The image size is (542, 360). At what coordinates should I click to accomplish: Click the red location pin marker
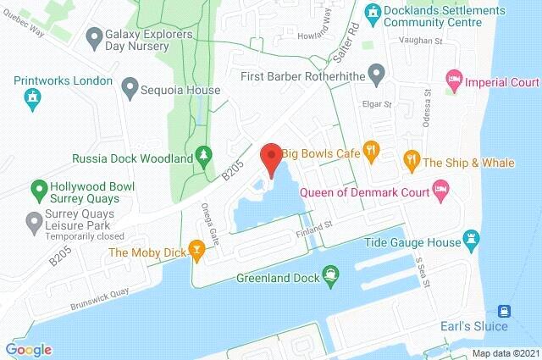[271, 158]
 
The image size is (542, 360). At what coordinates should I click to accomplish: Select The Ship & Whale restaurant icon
[411, 158]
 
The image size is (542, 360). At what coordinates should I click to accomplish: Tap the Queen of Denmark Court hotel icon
[440, 186]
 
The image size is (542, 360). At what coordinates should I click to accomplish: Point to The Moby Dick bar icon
[196, 249]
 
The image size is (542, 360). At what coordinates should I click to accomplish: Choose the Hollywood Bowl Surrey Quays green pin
[37, 187]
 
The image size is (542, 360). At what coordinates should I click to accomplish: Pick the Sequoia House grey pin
[130, 86]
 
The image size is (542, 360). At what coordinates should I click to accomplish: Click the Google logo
[28, 349]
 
